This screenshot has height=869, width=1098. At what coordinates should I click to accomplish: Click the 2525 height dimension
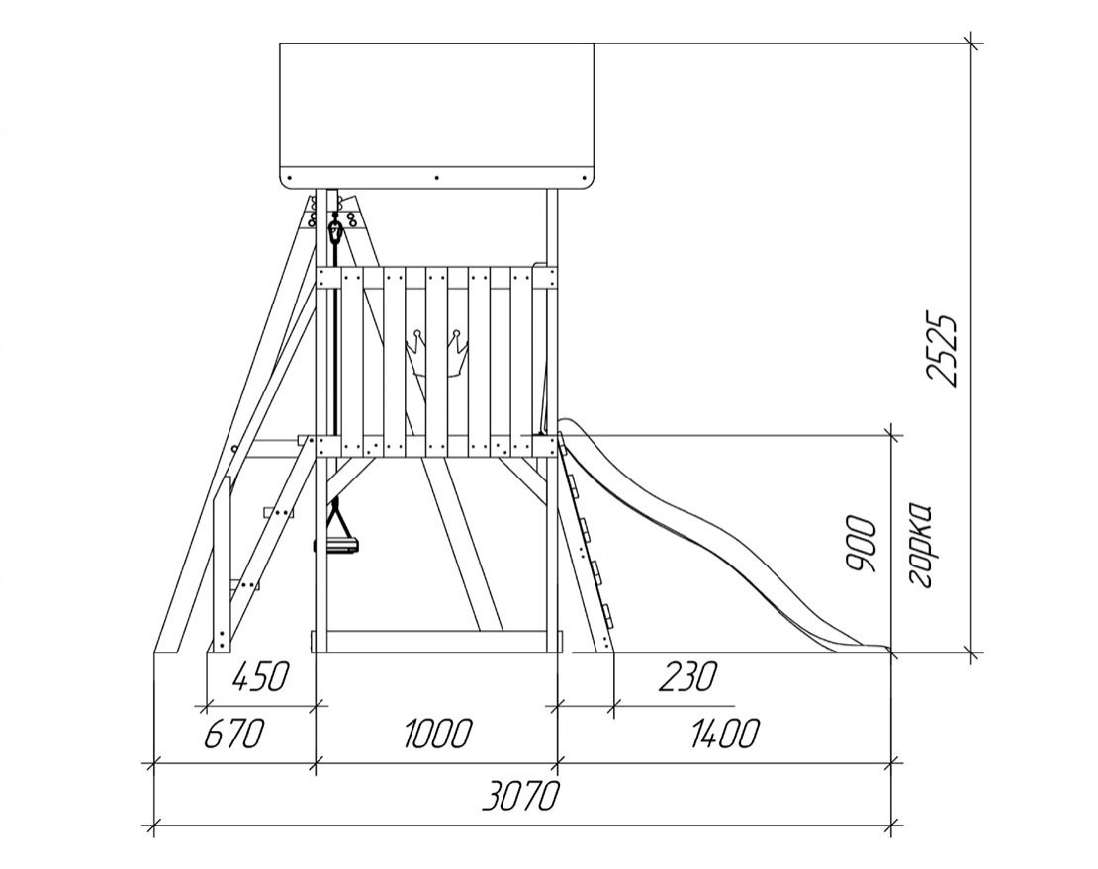(x=942, y=348)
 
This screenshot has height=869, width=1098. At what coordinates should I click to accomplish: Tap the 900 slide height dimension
(x=862, y=545)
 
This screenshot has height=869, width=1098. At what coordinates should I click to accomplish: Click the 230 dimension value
(x=688, y=677)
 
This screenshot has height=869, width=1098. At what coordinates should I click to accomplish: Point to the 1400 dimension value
(x=724, y=734)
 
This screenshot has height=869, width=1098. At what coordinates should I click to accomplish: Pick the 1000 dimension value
(x=438, y=734)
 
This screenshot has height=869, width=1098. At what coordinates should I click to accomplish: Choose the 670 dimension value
(x=234, y=734)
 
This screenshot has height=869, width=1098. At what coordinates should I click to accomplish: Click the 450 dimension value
(x=259, y=677)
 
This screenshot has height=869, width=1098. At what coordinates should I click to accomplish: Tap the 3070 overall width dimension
(x=522, y=796)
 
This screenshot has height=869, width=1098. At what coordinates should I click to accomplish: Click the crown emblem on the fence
(x=437, y=354)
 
